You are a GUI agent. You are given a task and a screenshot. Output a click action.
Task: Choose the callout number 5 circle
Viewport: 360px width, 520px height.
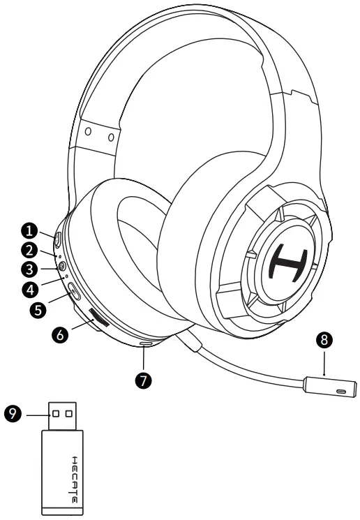point(40,306)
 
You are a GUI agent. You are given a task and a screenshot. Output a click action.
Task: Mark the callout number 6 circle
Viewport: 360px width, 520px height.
point(61,334)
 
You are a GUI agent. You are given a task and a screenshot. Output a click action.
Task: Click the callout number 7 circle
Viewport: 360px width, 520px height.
point(144,379)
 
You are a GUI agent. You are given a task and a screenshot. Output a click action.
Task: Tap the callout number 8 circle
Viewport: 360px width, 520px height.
point(323,341)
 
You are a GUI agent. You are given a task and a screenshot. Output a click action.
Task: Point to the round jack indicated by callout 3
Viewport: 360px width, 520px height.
point(63,265)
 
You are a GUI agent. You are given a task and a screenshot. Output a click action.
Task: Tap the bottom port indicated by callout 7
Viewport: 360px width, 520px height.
point(145,343)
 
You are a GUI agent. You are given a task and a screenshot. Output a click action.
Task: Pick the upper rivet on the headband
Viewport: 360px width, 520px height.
point(87,131)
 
